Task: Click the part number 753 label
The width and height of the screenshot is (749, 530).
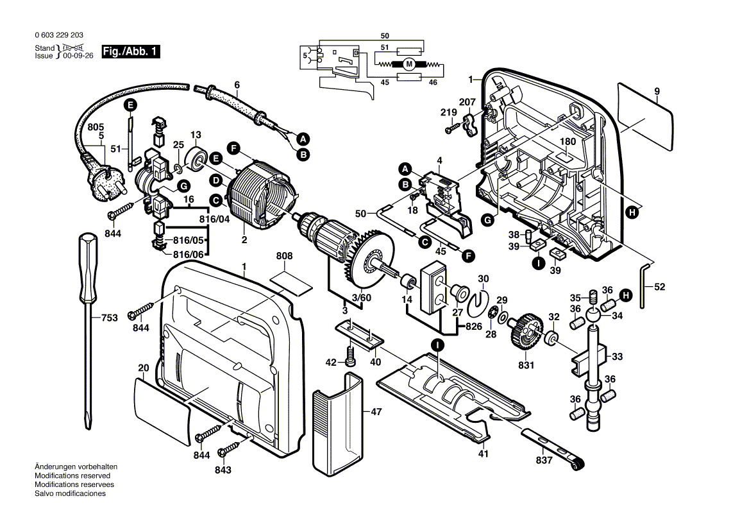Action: point(110,318)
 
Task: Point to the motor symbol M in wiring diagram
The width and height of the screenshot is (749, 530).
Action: point(408,64)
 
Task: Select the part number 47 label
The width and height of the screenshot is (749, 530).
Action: point(376,411)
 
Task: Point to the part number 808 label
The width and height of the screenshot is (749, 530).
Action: point(284,256)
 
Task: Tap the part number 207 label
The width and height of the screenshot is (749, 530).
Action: point(467,102)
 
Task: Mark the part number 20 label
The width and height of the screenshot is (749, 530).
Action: point(143,368)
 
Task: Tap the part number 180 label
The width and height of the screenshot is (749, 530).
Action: point(568,141)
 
